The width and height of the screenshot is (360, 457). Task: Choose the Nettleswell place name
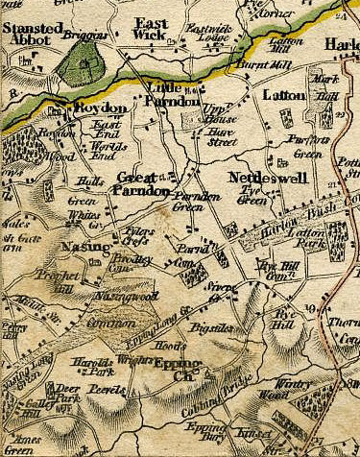267,179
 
